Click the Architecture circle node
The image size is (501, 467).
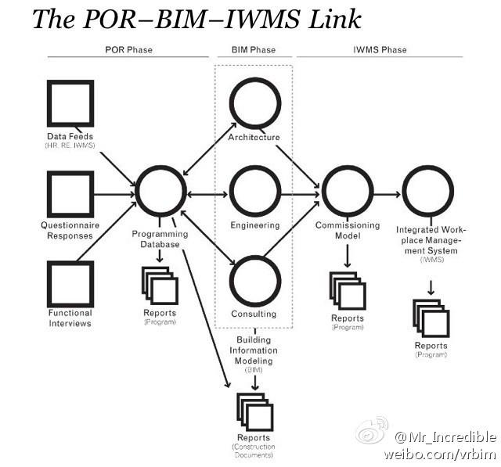point(254,104)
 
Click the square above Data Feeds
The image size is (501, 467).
point(70,104)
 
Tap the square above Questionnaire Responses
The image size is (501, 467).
point(70,194)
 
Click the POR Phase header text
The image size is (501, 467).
point(128,50)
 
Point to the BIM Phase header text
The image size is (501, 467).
point(254,50)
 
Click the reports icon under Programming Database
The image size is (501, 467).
point(160,286)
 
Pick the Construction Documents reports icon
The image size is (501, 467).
point(254,411)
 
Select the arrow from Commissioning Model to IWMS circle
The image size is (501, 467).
point(387,192)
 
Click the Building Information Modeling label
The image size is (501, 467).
point(254,350)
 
